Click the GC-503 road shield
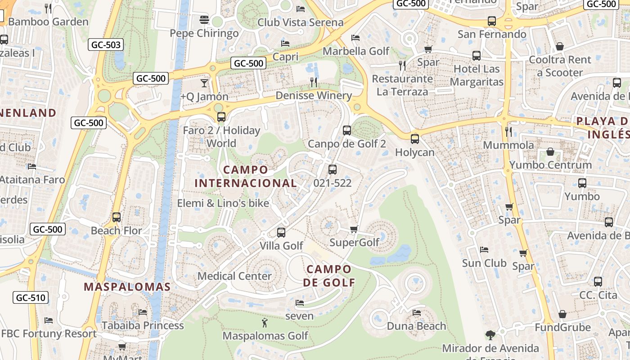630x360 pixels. [x=106, y=45]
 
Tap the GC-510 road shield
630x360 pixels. [x=31, y=297]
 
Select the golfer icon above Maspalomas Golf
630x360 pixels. [x=265, y=322]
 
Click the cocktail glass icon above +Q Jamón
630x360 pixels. [x=204, y=83]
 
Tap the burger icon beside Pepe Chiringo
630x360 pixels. [x=204, y=20]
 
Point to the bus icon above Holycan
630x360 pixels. [x=415, y=139]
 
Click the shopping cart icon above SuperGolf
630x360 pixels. [x=354, y=229]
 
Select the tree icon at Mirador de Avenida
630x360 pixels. [x=490, y=335]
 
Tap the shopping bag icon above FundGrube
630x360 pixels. [x=562, y=314]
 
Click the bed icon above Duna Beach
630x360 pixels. [x=417, y=312]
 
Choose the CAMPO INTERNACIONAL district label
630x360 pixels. [x=246, y=176]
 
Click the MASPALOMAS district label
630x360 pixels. [x=127, y=287]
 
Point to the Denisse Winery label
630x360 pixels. [x=314, y=95]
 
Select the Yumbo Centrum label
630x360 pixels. [x=550, y=165]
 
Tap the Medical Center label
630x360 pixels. [x=234, y=276]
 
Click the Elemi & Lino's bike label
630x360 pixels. [x=223, y=203]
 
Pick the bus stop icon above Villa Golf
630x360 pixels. [x=281, y=232]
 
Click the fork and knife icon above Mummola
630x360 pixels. [x=508, y=131]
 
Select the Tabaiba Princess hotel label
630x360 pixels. [x=143, y=325]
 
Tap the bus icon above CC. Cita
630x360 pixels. [x=598, y=282]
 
